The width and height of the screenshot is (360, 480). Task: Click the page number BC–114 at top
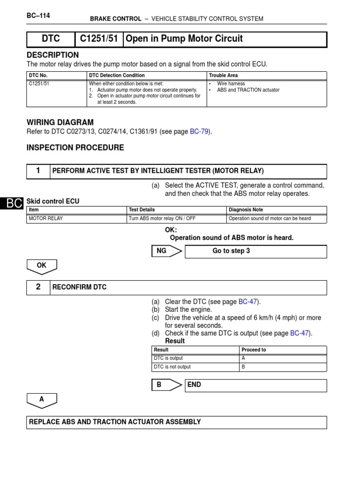pos(38,15)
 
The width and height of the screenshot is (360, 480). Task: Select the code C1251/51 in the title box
pos(99,39)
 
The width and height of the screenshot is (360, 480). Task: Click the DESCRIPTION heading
pos(52,55)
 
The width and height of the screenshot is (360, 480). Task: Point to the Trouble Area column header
pos(223,75)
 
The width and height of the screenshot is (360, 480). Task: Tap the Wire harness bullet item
pos(231,83)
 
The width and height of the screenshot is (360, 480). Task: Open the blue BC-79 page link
pos(200,132)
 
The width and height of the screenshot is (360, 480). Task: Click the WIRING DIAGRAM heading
pos(60,122)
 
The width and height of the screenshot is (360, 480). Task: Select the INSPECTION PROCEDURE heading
pos(75,148)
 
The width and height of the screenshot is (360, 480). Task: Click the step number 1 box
pos(38,171)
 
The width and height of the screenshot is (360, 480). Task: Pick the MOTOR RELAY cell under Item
pos(46,218)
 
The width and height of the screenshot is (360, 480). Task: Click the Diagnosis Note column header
pos(246,210)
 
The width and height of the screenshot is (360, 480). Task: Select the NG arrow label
pos(162,251)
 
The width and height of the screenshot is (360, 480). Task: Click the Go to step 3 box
pos(255,251)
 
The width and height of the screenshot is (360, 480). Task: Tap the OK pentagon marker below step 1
pos(42,266)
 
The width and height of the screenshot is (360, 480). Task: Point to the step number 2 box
pos(38,287)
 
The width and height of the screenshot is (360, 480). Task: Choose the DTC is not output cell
pos(172,367)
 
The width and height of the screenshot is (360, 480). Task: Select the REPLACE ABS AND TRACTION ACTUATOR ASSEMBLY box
pos(177,422)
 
